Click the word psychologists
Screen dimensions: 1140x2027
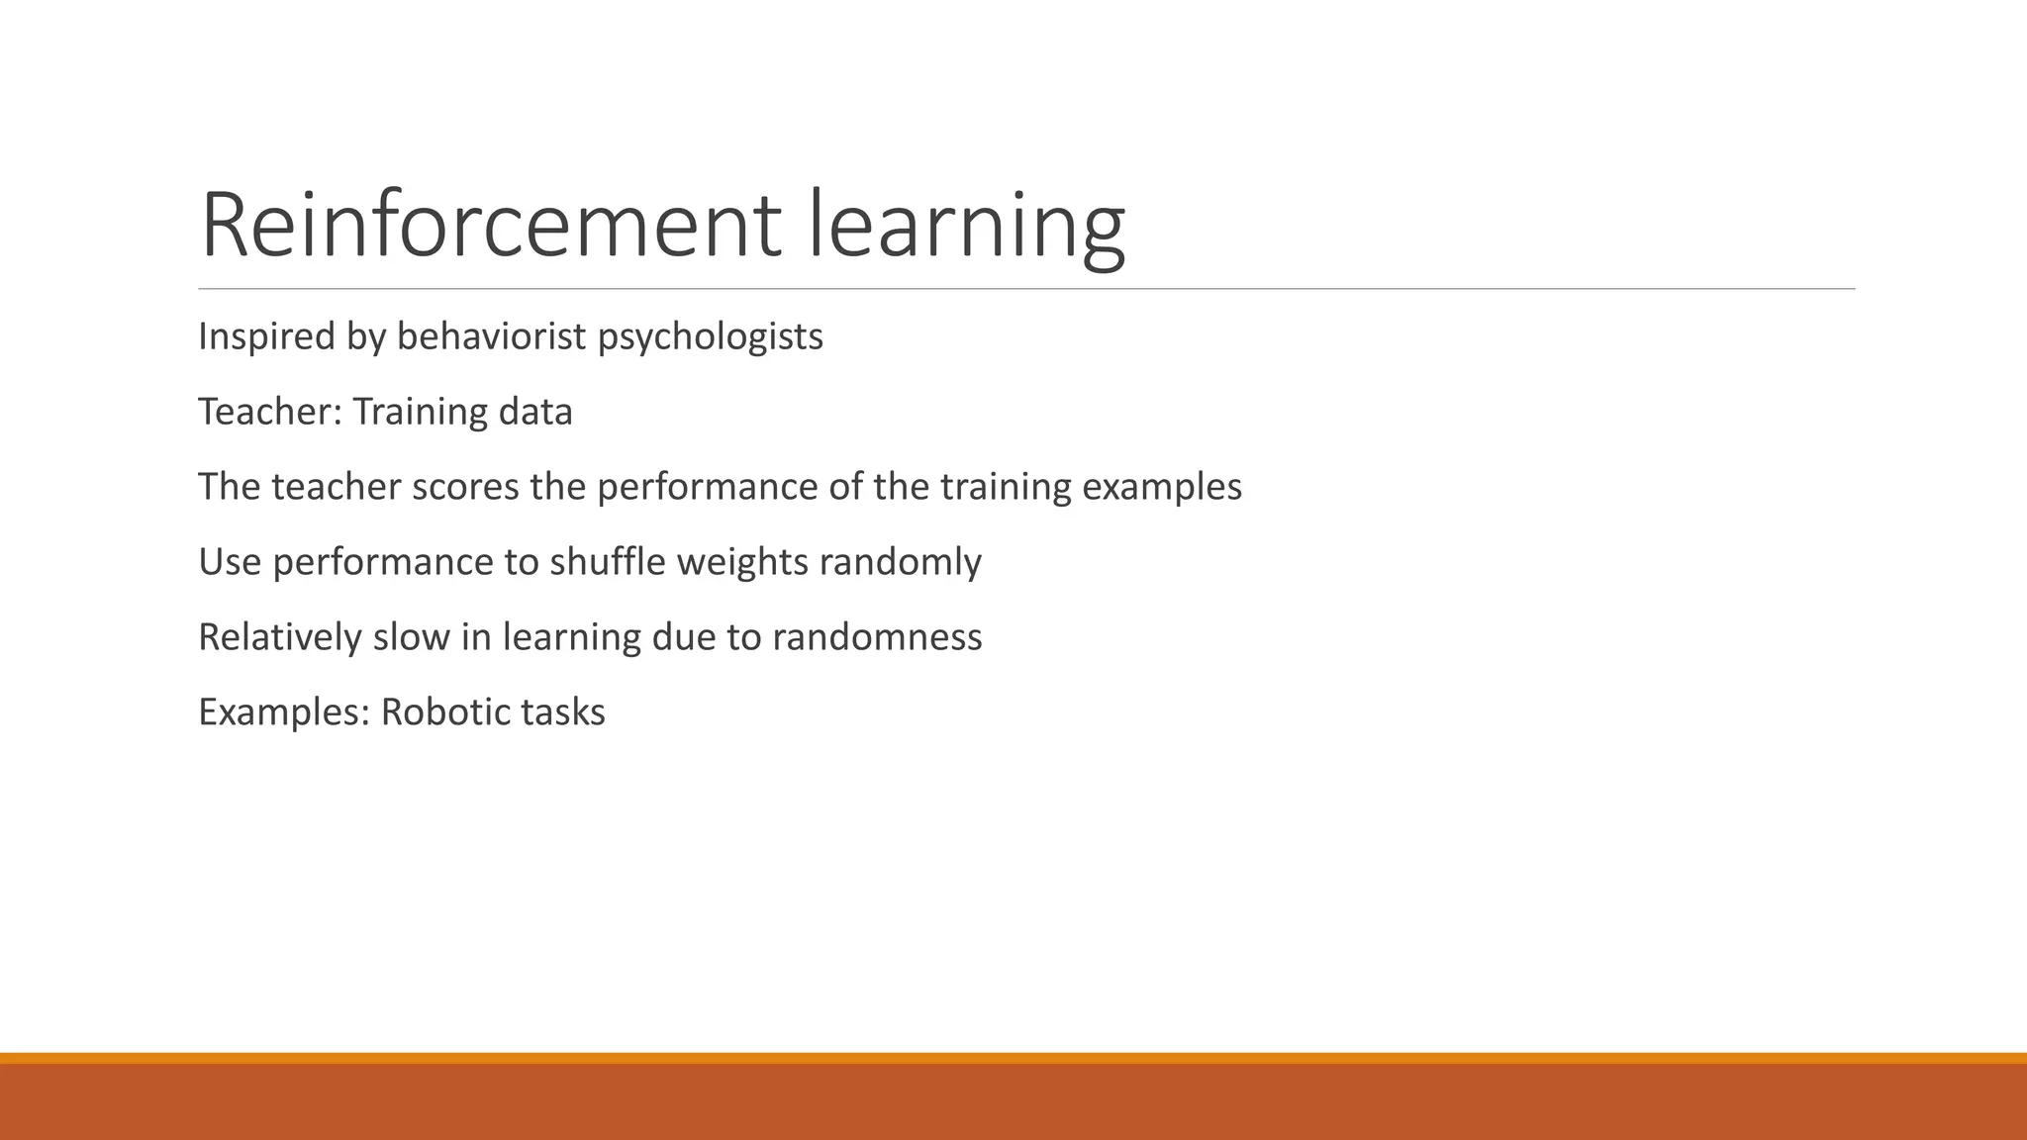click(710, 336)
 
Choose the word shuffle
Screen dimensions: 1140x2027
click(608, 562)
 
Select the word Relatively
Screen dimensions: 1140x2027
click(280, 637)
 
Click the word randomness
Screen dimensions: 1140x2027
click(877, 637)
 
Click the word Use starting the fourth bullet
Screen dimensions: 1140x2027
click(230, 562)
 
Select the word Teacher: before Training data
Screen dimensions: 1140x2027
click(270, 412)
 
